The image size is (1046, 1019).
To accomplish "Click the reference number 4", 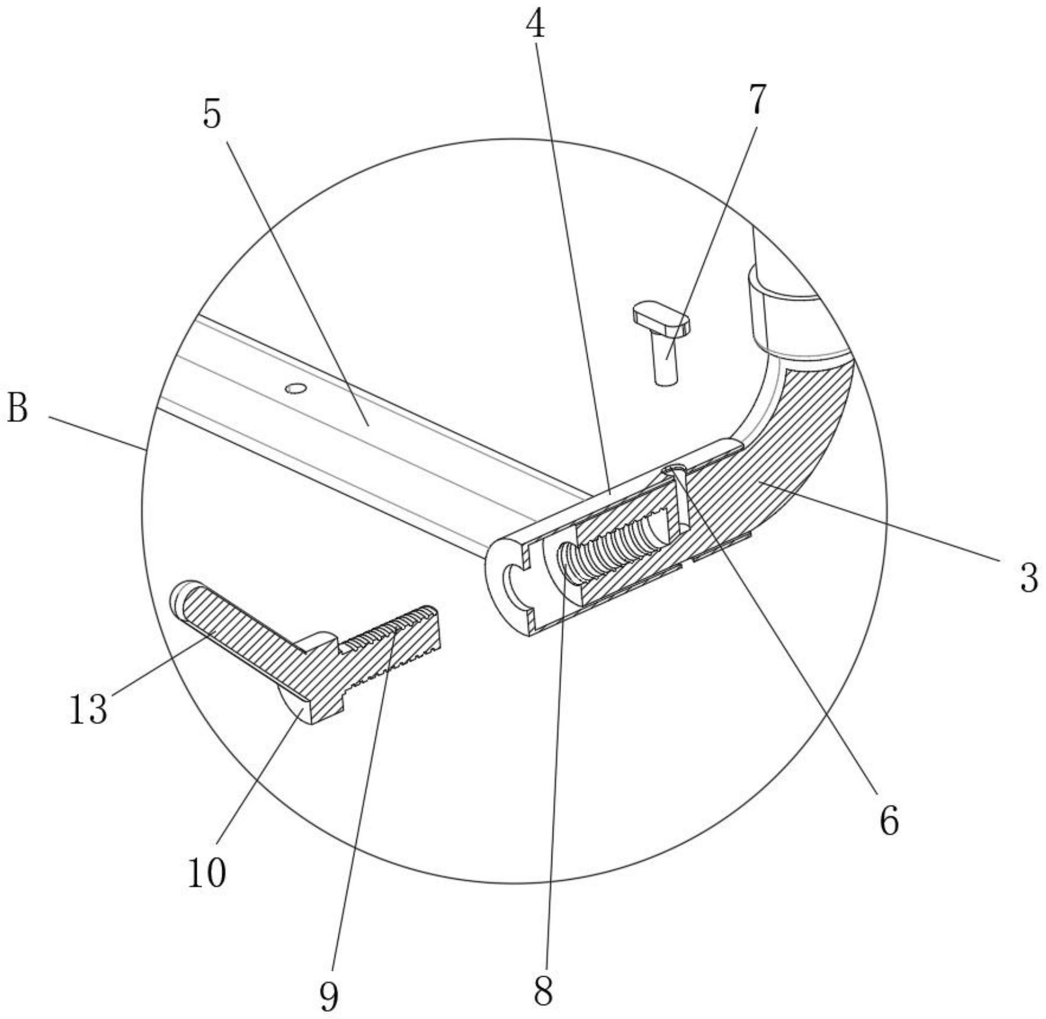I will point(535,25).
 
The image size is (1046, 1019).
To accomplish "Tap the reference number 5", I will point(212,114).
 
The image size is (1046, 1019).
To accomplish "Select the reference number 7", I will point(758,100).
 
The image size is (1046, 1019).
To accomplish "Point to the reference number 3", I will point(1028,578).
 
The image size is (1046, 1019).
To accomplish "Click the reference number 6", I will point(889,821).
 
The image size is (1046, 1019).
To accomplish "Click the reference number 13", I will point(88,709).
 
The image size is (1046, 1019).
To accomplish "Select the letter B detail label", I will point(17,408).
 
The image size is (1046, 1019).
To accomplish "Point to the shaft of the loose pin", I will point(665,361).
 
